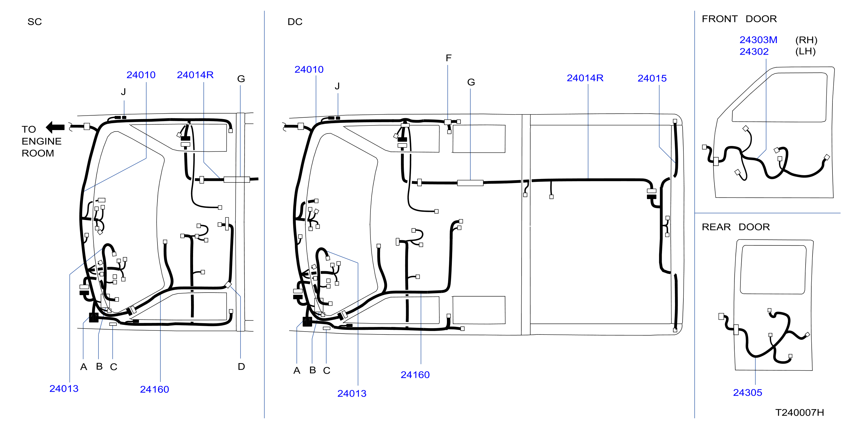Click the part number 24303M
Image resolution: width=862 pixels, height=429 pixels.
coord(758,40)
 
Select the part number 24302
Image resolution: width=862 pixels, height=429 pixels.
coord(754,51)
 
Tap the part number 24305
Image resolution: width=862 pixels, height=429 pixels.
coord(748,392)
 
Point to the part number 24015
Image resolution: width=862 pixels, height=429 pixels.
coord(652,78)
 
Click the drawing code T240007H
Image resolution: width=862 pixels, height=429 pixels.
coord(799,412)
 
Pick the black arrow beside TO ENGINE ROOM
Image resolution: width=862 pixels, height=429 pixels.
coord(55,127)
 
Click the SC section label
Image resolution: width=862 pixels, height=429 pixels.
coord(34,22)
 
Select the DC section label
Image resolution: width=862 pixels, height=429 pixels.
coord(295,22)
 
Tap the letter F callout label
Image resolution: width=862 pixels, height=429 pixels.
coord(448,58)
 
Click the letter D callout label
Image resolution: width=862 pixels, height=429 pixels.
coord(241,367)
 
